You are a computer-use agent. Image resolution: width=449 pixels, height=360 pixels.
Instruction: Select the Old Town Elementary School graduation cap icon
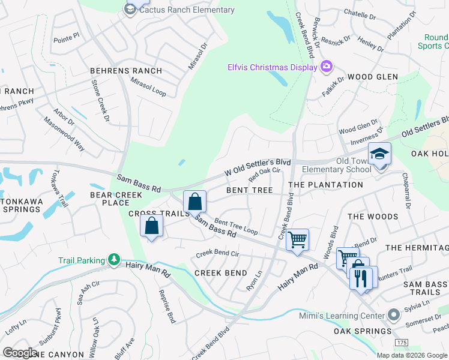click(379, 155)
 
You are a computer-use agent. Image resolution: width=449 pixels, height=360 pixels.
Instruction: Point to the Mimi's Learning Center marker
click(394, 314)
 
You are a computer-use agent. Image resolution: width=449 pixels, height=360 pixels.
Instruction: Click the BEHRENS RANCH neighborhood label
click(126, 71)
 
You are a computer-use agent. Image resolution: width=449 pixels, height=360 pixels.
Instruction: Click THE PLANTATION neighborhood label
click(325, 185)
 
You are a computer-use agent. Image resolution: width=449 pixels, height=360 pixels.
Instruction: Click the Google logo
click(21, 352)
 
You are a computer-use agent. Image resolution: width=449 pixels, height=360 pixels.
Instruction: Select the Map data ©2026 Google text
click(412, 355)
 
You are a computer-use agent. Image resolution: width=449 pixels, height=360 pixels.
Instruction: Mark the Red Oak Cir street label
click(265, 174)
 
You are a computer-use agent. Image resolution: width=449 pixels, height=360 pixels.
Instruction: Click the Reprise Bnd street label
click(166, 306)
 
